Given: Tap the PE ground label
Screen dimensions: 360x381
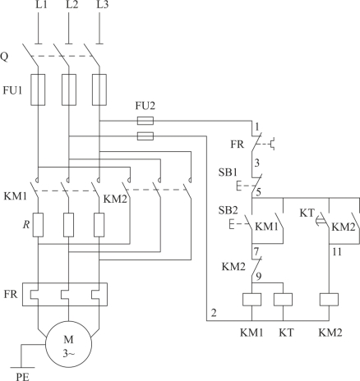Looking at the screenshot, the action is [x=22, y=376].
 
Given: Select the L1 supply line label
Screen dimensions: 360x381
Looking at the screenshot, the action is [x=41, y=5].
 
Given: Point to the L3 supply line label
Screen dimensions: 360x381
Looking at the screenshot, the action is [x=103, y=5].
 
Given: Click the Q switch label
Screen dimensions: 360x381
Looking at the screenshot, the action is [x=4, y=57].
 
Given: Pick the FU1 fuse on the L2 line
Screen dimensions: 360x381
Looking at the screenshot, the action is [x=69, y=90].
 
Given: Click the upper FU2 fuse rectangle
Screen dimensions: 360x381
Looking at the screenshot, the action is [x=145, y=121].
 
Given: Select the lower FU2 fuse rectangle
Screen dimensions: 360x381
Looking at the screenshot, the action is [x=145, y=135].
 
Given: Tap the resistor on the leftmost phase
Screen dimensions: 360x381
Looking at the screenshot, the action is [x=38, y=225].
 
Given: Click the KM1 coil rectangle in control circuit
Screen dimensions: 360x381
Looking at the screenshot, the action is [x=252, y=299].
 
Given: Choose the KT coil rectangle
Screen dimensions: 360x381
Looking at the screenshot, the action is [x=283, y=299].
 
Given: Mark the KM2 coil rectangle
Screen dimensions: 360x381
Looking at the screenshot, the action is [x=329, y=299].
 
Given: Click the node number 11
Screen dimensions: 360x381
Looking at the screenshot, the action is [x=337, y=251].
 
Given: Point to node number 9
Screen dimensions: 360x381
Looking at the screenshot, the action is [x=258, y=277].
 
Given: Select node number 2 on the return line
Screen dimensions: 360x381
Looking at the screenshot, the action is [x=214, y=313].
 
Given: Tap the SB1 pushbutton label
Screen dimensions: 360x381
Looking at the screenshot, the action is [x=228, y=172].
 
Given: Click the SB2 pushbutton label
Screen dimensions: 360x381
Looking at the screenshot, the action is [x=228, y=210].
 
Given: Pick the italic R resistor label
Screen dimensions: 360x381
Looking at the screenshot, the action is [x=26, y=225].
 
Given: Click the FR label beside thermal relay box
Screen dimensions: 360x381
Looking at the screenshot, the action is [x=11, y=294].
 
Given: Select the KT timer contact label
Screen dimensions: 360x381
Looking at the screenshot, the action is [x=307, y=213].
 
